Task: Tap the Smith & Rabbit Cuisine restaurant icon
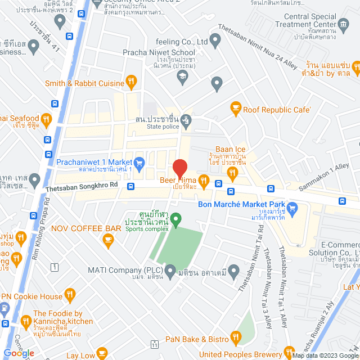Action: [x=131, y=83]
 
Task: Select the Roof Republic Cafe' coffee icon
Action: [x=236, y=109]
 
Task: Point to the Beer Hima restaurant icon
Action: [x=204, y=181]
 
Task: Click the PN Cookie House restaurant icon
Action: [x=70, y=295]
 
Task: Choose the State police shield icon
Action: [x=186, y=120]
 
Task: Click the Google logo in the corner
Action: [x=19, y=353]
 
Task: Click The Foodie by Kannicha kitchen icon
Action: [x=25, y=322]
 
